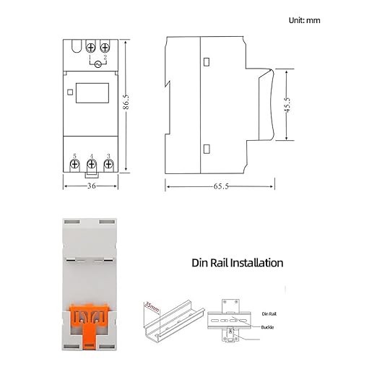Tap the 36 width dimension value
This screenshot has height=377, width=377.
click(91, 186)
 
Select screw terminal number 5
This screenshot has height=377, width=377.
click(75, 165)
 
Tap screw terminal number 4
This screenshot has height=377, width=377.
click(92, 165)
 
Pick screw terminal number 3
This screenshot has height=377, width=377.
click(108, 165)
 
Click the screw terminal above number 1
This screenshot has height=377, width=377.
click(92, 47)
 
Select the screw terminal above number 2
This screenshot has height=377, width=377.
click(105, 47)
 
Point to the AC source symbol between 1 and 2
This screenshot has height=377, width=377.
click(98, 64)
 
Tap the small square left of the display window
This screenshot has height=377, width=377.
click(70, 92)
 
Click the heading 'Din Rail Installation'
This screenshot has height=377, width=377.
click(238, 263)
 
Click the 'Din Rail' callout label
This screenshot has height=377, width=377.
click(269, 315)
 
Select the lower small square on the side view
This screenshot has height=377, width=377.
click(207, 149)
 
